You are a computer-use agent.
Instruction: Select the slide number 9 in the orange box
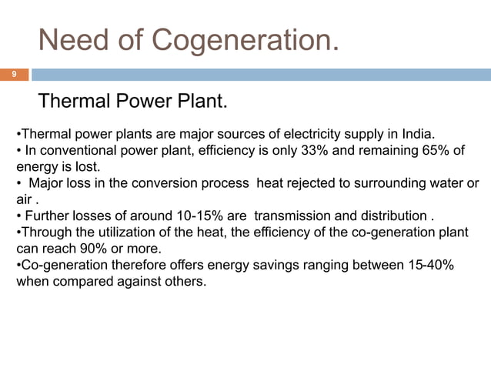(x=13, y=75)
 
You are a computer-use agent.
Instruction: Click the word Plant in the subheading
(x=202, y=102)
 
